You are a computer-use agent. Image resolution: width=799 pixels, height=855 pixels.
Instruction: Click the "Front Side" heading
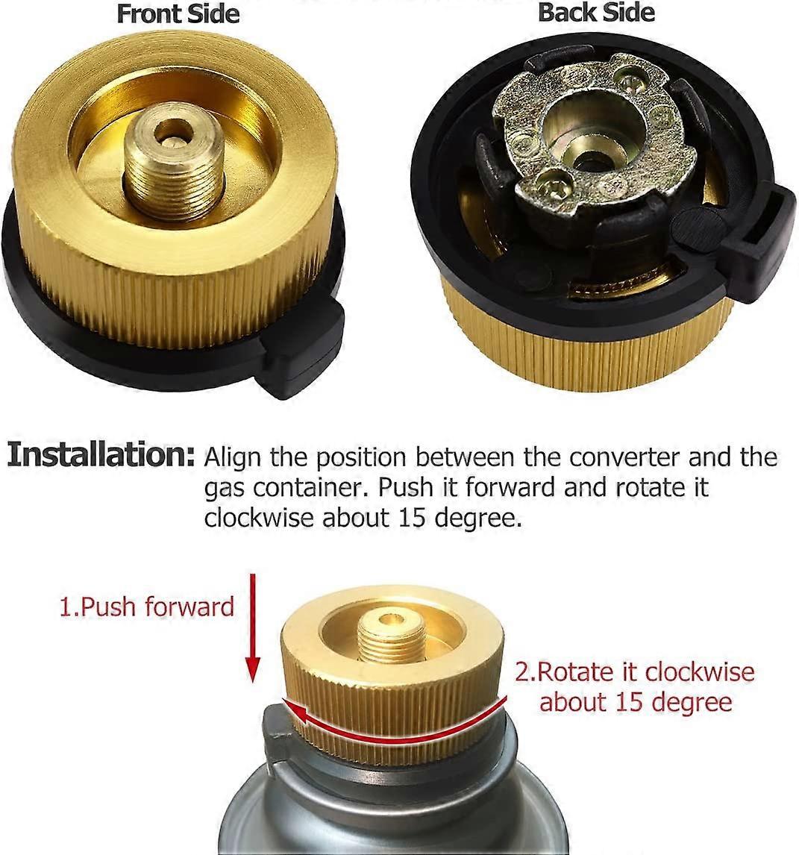178,13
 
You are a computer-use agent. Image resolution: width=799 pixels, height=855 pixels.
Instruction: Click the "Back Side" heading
596,12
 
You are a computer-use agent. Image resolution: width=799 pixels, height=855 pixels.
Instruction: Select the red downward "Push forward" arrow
252,627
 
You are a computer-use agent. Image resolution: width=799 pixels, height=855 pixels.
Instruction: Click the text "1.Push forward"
146,607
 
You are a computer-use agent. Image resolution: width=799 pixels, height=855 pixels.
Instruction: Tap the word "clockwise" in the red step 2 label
699,672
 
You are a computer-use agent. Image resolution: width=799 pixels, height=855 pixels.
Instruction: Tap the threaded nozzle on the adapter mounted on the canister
386,637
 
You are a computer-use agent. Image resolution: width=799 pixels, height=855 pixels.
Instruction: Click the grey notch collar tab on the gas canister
278,734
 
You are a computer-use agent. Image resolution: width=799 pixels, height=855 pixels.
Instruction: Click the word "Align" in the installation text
231,457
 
